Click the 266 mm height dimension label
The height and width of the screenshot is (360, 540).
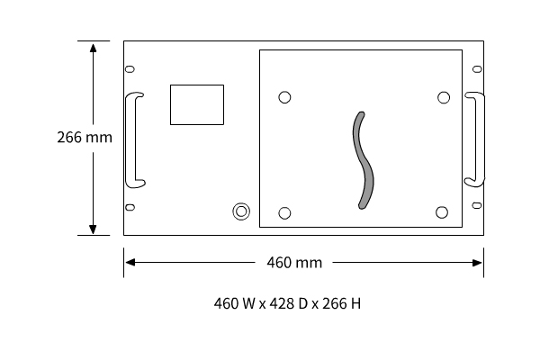(x=85, y=138)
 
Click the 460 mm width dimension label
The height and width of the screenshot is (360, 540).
(x=294, y=263)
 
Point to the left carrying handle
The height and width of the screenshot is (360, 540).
(x=130, y=139)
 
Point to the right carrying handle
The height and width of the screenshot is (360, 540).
(x=480, y=139)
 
